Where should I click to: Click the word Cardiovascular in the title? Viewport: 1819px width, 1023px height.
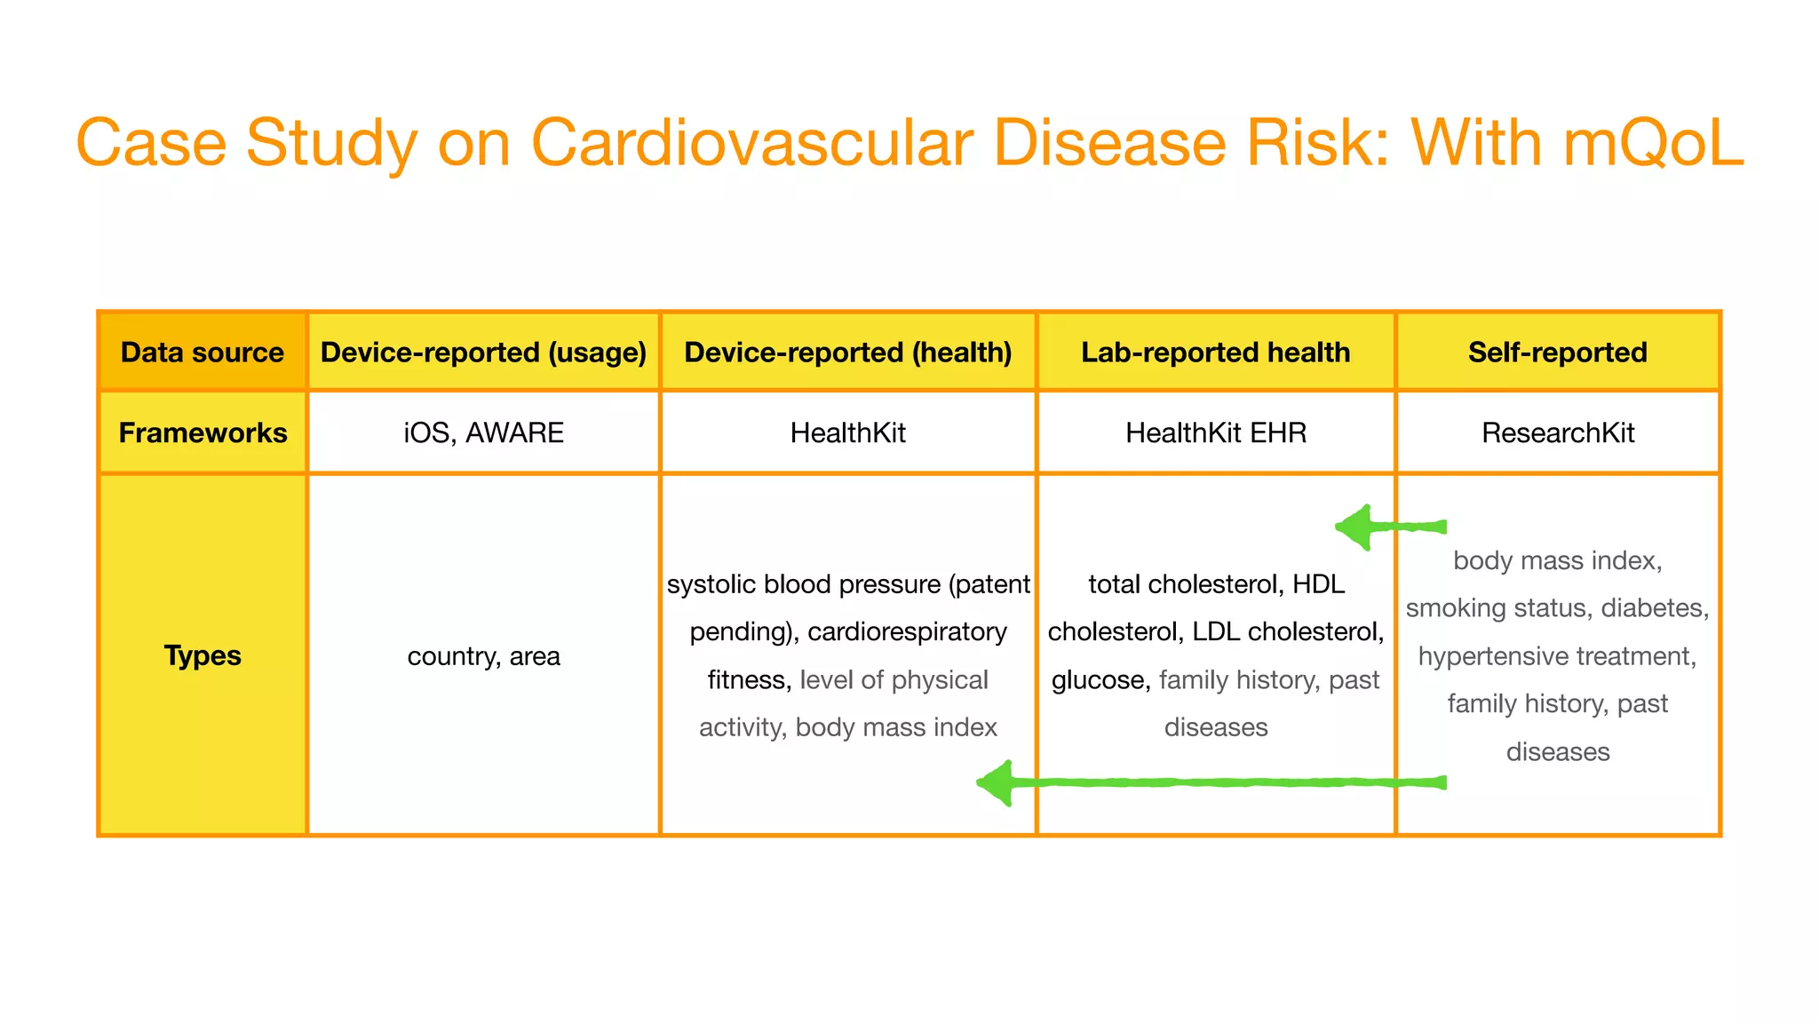tap(752, 142)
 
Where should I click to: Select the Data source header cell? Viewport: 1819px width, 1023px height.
tap(203, 352)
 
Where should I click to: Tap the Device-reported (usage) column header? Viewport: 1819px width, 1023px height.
tap(483, 352)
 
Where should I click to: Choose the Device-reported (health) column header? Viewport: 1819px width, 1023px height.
tap(848, 352)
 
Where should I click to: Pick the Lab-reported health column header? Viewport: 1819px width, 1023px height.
tap(1215, 352)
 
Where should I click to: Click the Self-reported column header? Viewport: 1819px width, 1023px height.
tap(1557, 352)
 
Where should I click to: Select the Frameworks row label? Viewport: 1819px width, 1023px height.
tap(203, 432)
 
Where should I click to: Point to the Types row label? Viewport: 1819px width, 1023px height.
tap(203, 655)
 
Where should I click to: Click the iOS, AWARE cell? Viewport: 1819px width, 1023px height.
tap(483, 432)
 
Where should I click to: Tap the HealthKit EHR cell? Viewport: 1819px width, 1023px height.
tap(1215, 432)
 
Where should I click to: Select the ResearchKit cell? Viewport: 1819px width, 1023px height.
tap(1557, 432)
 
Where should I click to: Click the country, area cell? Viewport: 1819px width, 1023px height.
tap(483, 656)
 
